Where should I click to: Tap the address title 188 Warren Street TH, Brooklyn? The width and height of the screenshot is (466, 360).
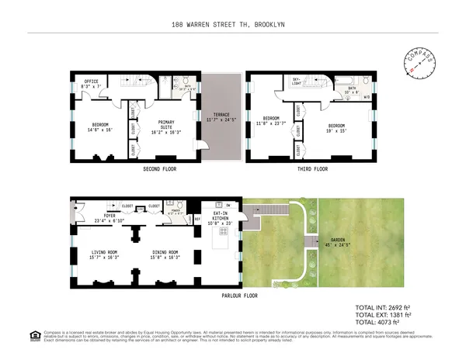coord(232,24)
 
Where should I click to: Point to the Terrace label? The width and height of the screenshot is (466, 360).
coord(221,117)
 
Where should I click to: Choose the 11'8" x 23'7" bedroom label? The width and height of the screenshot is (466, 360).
coord(270,120)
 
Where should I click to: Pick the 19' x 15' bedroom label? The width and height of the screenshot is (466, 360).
coord(336,127)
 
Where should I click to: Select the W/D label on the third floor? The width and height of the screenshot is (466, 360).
coord(366,98)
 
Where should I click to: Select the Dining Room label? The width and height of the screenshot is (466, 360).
coord(165,254)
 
